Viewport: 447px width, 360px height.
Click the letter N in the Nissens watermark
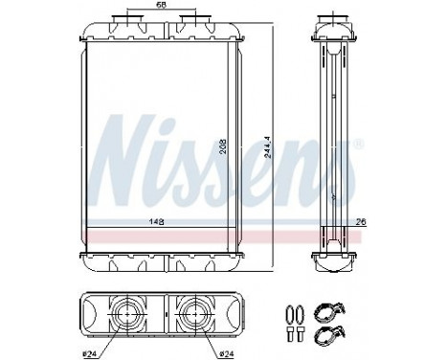(x=129, y=153)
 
